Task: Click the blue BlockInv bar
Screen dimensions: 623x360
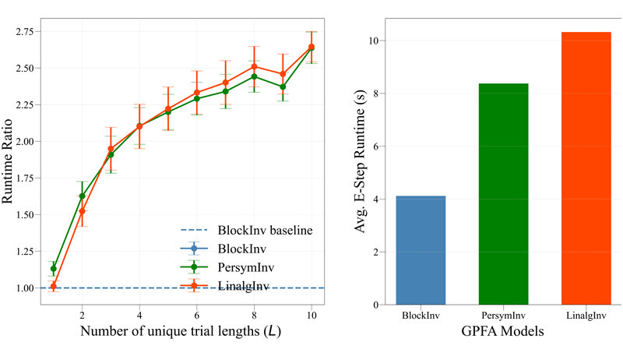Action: [x=421, y=250]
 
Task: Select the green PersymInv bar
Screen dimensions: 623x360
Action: [x=503, y=194]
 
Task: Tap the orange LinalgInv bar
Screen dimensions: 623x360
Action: [x=586, y=168]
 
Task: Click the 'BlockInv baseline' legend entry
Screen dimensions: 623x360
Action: [x=246, y=230]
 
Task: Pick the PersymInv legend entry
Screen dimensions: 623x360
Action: [x=227, y=267]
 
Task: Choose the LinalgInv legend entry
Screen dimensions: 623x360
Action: [x=225, y=286]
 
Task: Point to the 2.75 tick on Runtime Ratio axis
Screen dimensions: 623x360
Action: [x=25, y=32]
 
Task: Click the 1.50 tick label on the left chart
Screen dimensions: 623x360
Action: [x=25, y=215]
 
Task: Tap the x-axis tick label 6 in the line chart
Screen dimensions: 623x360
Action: [x=197, y=316]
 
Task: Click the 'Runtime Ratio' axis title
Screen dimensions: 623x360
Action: [x=7, y=161]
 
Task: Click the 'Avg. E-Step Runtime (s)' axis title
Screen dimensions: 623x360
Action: [x=360, y=161]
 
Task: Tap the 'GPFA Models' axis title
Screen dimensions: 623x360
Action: [x=502, y=330]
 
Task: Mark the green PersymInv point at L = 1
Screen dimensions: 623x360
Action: [x=54, y=269]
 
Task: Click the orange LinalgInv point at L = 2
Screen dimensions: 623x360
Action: [x=83, y=211]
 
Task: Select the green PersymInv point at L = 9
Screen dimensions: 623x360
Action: [x=283, y=86]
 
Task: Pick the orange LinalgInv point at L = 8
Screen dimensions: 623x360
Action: [x=255, y=66]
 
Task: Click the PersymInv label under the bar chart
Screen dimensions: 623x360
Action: [x=503, y=316]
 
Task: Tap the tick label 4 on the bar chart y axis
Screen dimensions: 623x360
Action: [x=376, y=199]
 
